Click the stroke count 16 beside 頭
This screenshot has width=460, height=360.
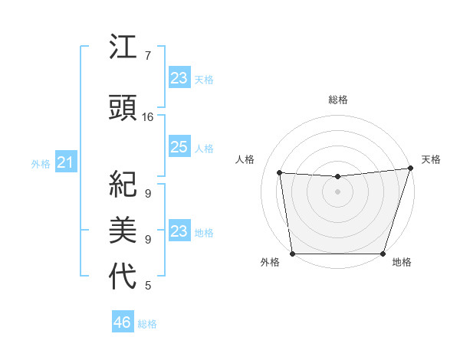coord(148,117)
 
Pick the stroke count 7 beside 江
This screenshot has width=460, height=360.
coord(148,56)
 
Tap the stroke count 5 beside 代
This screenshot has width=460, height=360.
coord(148,286)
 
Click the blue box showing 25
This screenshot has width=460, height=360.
coord(179,147)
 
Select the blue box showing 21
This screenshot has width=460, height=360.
coord(65,162)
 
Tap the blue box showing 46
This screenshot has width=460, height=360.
coord(123,322)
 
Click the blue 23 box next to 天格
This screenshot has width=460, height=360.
coord(179,78)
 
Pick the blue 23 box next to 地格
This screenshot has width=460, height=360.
coord(179,231)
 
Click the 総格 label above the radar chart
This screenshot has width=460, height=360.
coord(337,100)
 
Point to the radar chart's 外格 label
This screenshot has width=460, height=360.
coord(270,262)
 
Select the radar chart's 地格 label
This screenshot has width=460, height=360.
coord(402,262)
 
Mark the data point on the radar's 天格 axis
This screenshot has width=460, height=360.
coord(410,169)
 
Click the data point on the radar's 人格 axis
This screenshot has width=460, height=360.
coord(280,173)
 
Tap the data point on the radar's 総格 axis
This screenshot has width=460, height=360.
coord(337,177)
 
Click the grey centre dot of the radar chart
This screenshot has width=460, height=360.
coord(337,192)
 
